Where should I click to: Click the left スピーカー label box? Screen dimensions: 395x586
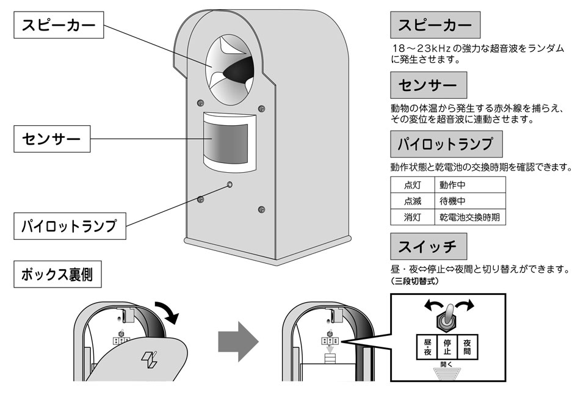tap(59, 26)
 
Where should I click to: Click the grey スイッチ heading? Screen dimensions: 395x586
tap(428, 247)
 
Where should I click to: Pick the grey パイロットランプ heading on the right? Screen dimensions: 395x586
tap(446, 145)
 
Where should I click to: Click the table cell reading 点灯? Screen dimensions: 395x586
tap(412, 184)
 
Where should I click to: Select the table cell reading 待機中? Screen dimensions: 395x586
tap(455, 201)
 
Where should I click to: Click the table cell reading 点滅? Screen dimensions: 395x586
tap(412, 201)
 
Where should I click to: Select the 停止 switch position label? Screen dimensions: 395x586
tap(447, 347)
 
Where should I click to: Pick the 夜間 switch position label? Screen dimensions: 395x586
tap(468, 347)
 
